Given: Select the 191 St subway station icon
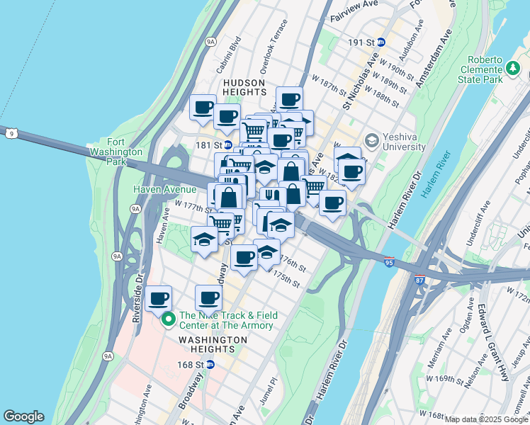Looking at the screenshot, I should pos(380,42).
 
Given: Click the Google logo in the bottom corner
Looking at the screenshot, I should pos(23,416).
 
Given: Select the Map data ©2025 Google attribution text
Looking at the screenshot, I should pos(486,419).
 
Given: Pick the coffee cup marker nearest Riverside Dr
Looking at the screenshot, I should pos(159,298).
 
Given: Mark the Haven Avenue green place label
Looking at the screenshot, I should pos(165,189).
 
